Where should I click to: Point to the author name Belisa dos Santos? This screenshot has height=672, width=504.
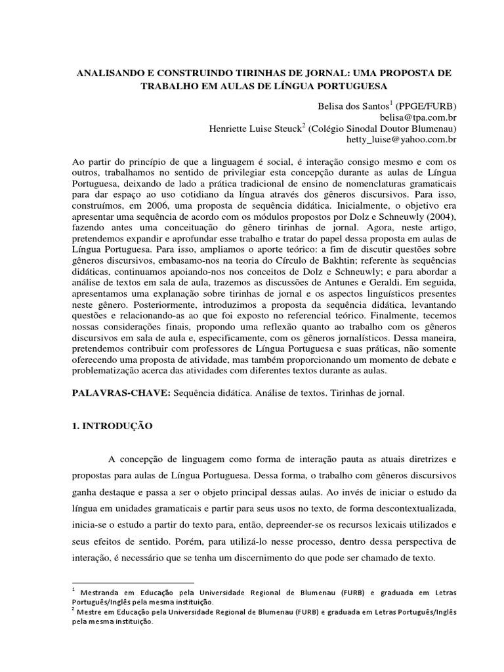coord(344,106)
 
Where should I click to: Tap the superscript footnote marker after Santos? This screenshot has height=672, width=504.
coord(392,103)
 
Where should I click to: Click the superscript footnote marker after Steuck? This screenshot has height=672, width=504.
coord(304,126)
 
